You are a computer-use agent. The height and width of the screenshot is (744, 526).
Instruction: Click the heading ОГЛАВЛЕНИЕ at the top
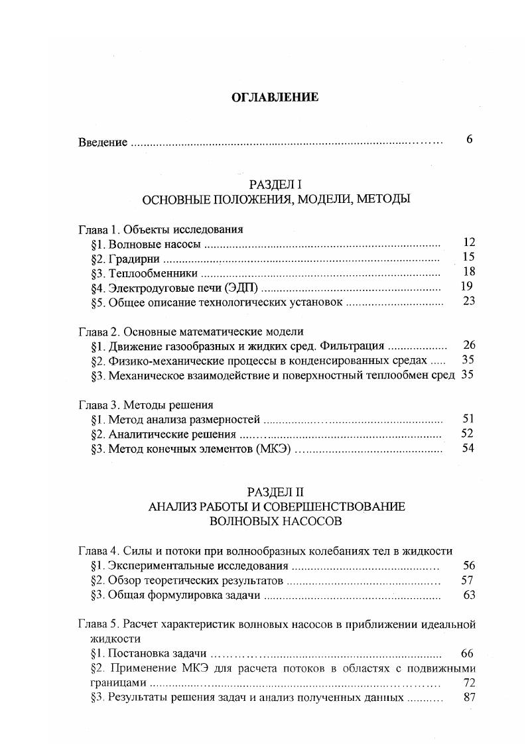tap(274, 97)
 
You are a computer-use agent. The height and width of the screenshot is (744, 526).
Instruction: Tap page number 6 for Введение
tap(469, 140)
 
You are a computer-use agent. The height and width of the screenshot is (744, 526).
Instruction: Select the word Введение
tap(103, 143)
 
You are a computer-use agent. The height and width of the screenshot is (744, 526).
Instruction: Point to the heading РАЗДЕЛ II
tap(275, 492)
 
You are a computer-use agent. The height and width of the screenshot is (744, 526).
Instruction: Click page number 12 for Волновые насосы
tap(468, 243)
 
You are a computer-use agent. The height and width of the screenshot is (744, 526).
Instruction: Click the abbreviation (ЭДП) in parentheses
tap(243, 288)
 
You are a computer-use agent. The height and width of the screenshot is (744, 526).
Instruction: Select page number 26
tap(469, 345)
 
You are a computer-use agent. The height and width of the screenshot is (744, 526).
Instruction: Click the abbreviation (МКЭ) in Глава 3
tap(271, 449)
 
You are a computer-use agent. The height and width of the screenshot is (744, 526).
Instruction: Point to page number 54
tap(468, 449)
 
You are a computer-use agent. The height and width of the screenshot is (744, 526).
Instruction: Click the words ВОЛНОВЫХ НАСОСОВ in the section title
tap(275, 521)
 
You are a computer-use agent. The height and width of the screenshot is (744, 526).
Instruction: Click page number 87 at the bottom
tap(468, 698)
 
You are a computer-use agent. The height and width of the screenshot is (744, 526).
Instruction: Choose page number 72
tap(468, 683)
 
